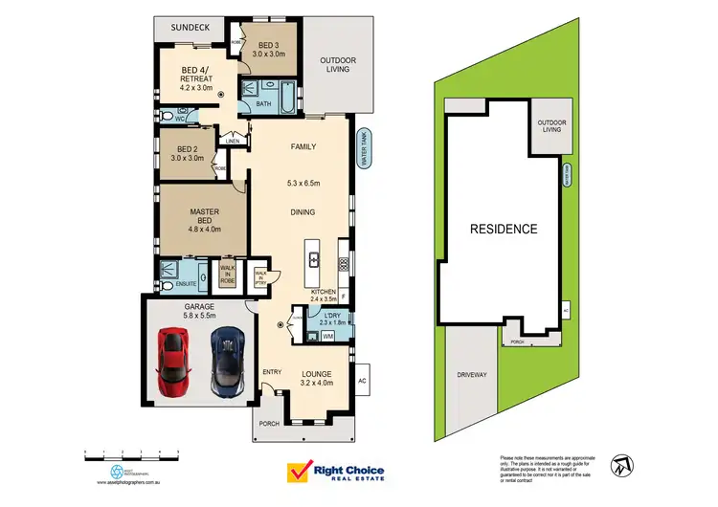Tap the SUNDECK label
[x=190, y=29]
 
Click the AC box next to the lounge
[x=362, y=379]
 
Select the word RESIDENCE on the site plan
[x=503, y=230]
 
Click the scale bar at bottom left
[x=130, y=452]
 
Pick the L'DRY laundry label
[x=332, y=317]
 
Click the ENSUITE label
[x=187, y=284]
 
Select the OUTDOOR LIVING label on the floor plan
[x=337, y=65]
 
